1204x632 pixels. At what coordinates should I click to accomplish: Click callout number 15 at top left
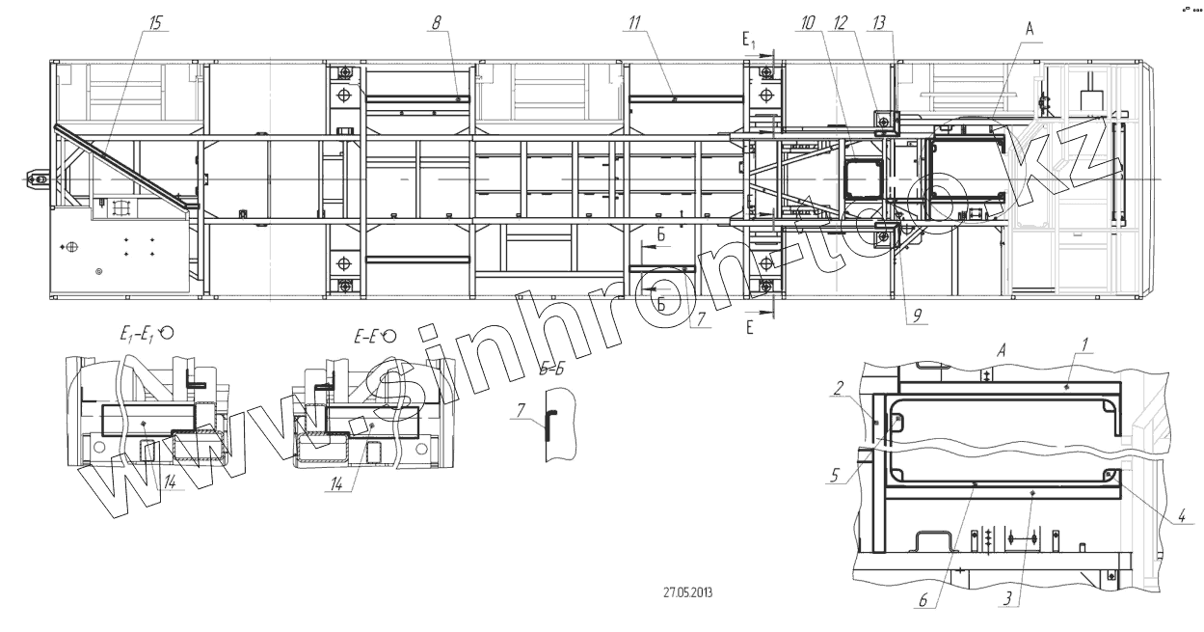pyautogui.click(x=155, y=23)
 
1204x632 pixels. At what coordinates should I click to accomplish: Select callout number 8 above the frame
pyautogui.click(x=436, y=23)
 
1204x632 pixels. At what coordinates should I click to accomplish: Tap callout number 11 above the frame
pyautogui.click(x=635, y=23)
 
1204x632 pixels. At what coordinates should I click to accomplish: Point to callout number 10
pyautogui.click(x=807, y=23)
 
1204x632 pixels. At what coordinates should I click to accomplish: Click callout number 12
pyautogui.click(x=840, y=23)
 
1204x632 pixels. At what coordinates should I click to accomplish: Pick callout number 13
pyautogui.click(x=878, y=23)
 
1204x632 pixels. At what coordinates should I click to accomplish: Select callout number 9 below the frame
pyautogui.click(x=918, y=316)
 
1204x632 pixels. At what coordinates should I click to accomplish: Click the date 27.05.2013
pyautogui.click(x=687, y=592)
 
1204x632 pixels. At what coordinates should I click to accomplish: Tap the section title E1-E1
pyautogui.click(x=137, y=336)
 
